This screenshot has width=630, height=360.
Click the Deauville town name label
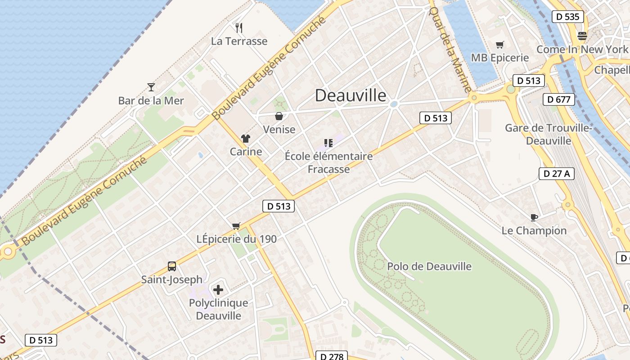click(x=350, y=95)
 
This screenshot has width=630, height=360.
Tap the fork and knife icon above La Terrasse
click(x=239, y=28)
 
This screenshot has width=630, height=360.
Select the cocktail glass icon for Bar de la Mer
click(x=151, y=87)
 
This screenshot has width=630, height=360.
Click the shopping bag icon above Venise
click(x=279, y=116)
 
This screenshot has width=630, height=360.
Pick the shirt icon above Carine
click(x=246, y=138)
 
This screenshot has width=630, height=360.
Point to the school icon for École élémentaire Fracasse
click(x=328, y=143)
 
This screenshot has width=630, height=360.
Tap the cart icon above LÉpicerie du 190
click(x=236, y=226)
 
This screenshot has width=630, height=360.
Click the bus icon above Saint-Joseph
click(x=172, y=266)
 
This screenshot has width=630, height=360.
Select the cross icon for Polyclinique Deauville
click(x=218, y=290)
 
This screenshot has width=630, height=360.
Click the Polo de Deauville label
click(x=429, y=266)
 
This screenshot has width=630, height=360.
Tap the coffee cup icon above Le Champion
click(x=534, y=218)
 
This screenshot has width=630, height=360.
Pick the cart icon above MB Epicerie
click(x=499, y=45)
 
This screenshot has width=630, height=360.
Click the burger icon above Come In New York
click(x=582, y=36)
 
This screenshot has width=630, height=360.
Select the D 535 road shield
click(x=567, y=17)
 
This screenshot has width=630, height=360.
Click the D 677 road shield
click(x=559, y=99)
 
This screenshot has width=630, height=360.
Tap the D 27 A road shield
click(x=557, y=174)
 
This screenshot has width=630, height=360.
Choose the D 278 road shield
click(x=332, y=356)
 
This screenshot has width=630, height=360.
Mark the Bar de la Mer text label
click(x=151, y=100)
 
